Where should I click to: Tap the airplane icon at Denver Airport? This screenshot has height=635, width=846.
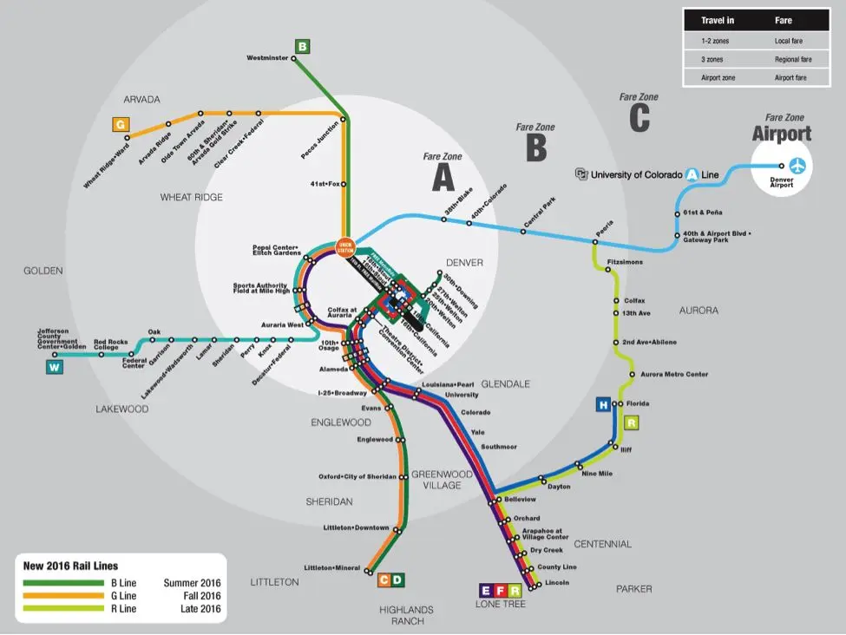pyautogui.click(x=797, y=165)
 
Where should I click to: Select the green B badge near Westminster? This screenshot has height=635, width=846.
pyautogui.click(x=302, y=46)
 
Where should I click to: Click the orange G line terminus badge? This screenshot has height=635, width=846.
pyautogui.click(x=120, y=125)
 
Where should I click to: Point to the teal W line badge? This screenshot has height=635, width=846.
pyautogui.click(x=54, y=367)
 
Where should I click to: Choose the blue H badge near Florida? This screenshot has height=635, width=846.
pyautogui.click(x=602, y=404)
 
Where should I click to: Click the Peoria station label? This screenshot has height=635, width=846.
pyautogui.click(x=604, y=225)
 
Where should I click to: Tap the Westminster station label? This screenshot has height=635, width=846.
pyautogui.click(x=267, y=59)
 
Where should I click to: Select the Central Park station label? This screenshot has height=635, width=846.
pyautogui.click(x=539, y=214)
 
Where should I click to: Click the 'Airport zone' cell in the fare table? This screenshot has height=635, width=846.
pyautogui.click(x=718, y=78)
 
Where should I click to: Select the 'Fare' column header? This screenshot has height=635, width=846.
pyautogui.click(x=783, y=20)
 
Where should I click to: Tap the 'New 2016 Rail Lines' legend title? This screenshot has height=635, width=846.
pyautogui.click(x=71, y=566)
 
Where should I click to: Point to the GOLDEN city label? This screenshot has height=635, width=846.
pyautogui.click(x=43, y=271)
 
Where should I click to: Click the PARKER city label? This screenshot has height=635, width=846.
pyautogui.click(x=633, y=589)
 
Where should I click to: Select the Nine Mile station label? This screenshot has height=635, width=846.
pyautogui.click(x=597, y=474)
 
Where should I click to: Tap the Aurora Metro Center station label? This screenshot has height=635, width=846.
pyautogui.click(x=674, y=375)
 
